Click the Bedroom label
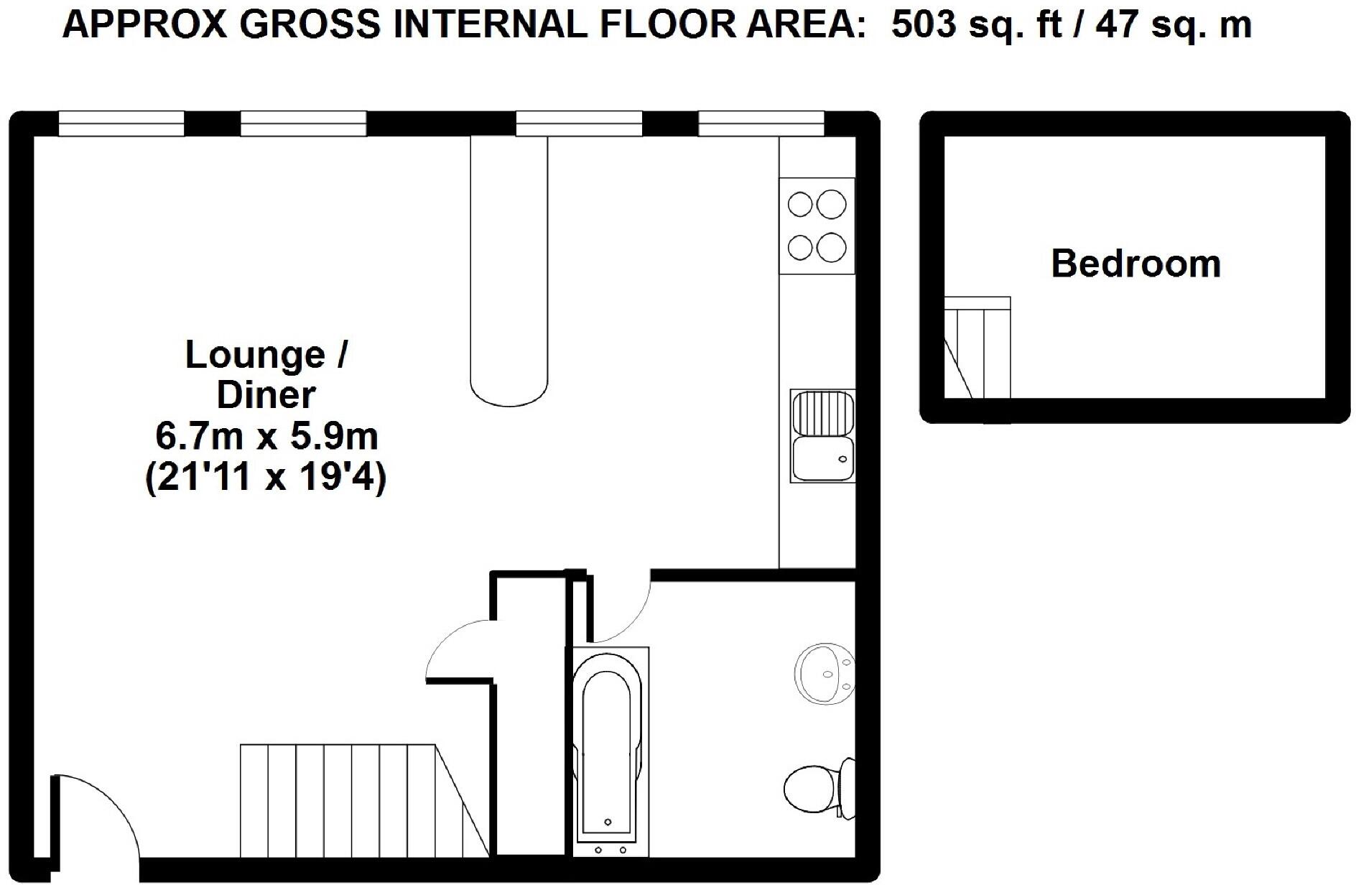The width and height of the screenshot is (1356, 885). click(1136, 264)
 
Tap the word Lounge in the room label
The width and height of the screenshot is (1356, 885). click(256, 355)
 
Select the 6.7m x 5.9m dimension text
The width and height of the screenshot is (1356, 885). click(266, 436)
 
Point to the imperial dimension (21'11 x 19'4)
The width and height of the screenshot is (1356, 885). click(266, 478)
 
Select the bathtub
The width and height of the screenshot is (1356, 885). click(608, 751)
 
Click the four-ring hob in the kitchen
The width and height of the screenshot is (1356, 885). click(817, 226)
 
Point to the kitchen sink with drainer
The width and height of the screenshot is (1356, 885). click(822, 436)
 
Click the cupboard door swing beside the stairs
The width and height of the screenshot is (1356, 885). click(460, 650)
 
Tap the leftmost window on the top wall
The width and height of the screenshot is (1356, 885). click(121, 124)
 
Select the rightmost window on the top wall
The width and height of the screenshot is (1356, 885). click(761, 124)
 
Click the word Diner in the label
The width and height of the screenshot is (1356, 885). click(266, 395)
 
